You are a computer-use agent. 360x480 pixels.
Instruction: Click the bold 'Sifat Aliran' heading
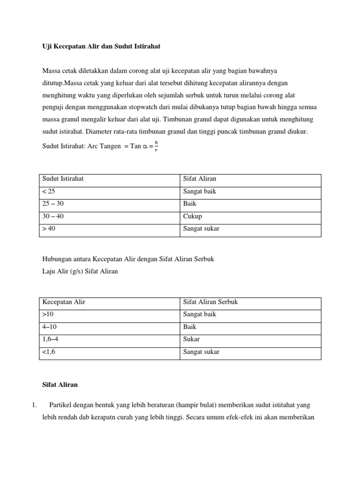point(60,384)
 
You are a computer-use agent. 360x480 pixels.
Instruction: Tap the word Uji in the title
point(47,47)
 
